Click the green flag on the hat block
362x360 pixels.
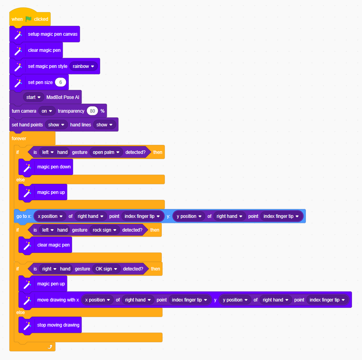click(28, 19)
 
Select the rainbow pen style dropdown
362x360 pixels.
click(83, 66)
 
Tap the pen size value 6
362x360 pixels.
click(60, 82)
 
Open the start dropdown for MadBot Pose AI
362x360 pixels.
click(33, 97)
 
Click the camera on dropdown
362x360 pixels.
click(47, 111)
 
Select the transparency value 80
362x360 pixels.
click(92, 111)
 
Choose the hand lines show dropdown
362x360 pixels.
click(104, 125)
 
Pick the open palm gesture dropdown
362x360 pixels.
click(106, 152)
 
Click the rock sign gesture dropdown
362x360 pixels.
click(104, 230)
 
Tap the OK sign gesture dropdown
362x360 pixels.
click(106, 269)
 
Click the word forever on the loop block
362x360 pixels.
click(19, 138)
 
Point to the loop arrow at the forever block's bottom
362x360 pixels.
click(50, 347)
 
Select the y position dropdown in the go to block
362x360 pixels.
click(189, 216)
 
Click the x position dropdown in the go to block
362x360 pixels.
click(50, 216)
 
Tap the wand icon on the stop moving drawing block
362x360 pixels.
click(27, 325)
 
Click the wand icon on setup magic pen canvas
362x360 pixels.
click(18, 35)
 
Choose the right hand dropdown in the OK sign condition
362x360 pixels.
click(49, 269)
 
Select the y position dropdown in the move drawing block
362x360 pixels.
click(235, 300)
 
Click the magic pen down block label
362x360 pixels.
click(54, 167)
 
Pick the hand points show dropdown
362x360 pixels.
click(56, 125)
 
